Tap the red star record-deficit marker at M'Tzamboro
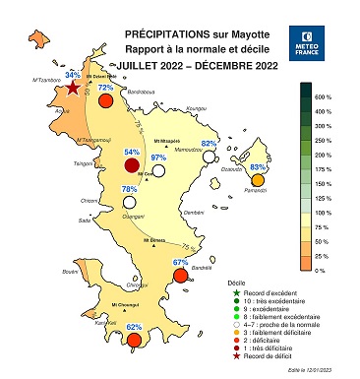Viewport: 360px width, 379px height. tap(73, 87)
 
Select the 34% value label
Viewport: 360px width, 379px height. tap(72, 75)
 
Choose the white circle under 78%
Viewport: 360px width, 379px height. tap(129, 201)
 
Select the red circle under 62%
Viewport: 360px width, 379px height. tap(135, 340)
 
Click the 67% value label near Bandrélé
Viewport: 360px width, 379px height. tap(180, 263)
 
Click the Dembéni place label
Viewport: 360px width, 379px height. tap(193, 212)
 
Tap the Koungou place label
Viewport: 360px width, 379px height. tap(197, 108)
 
